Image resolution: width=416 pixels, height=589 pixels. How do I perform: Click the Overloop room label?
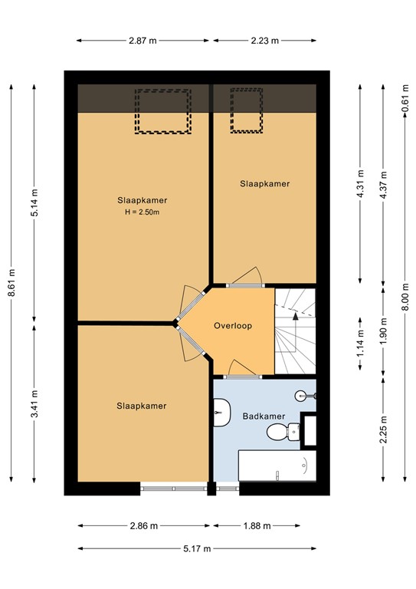(233, 325)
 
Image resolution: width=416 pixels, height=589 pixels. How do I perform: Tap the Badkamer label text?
(264, 416)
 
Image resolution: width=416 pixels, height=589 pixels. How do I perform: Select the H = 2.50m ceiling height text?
(141, 212)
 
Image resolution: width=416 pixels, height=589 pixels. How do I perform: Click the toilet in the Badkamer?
(280, 433)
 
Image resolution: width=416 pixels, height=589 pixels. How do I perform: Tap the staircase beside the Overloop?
(295, 330)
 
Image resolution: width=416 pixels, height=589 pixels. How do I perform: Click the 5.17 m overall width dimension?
(197, 548)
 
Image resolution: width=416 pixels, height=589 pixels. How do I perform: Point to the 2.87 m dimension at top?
(143, 41)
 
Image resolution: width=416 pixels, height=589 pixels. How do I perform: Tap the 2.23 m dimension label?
(264, 41)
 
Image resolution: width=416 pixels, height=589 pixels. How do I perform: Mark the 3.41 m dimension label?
(34, 403)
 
